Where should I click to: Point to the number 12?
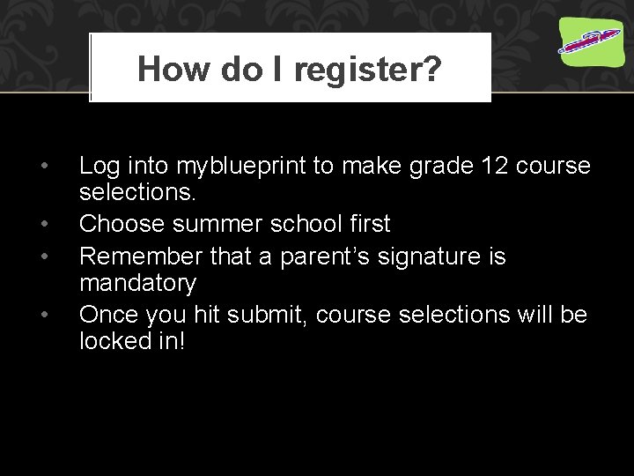point(470,165)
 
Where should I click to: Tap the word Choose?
point(122,224)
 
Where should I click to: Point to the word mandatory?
point(137,283)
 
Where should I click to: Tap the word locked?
point(114,340)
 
